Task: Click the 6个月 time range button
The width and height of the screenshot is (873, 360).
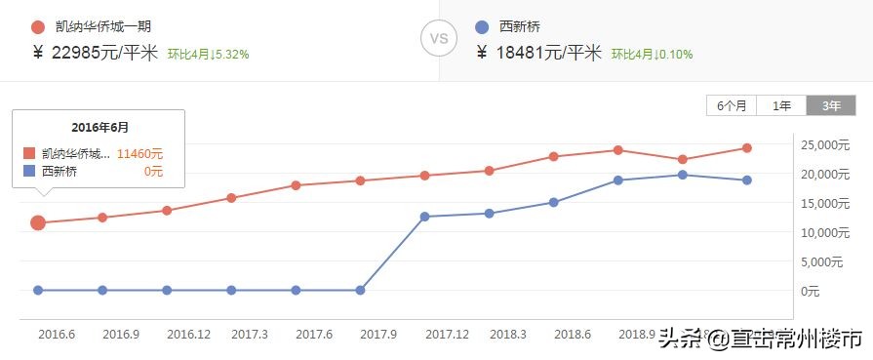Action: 732,106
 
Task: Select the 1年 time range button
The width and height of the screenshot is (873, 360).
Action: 781,106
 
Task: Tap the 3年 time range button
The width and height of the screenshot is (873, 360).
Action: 830,106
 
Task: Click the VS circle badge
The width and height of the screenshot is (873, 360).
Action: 439,40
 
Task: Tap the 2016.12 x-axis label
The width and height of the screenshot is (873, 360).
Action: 189,335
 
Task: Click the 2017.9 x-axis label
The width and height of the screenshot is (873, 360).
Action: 380,335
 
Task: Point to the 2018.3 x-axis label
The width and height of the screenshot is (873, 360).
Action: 508,335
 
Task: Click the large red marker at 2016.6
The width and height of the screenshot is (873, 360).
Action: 38,222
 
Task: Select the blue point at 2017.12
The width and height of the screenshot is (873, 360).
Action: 424,217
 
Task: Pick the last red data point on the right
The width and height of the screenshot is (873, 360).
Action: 746,148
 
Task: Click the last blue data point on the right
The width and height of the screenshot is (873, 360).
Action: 746,180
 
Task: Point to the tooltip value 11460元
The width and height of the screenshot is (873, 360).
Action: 139,154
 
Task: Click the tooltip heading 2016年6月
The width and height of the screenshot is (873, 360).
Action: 99,128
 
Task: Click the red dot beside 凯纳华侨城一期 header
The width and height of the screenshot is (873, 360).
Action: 38,27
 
